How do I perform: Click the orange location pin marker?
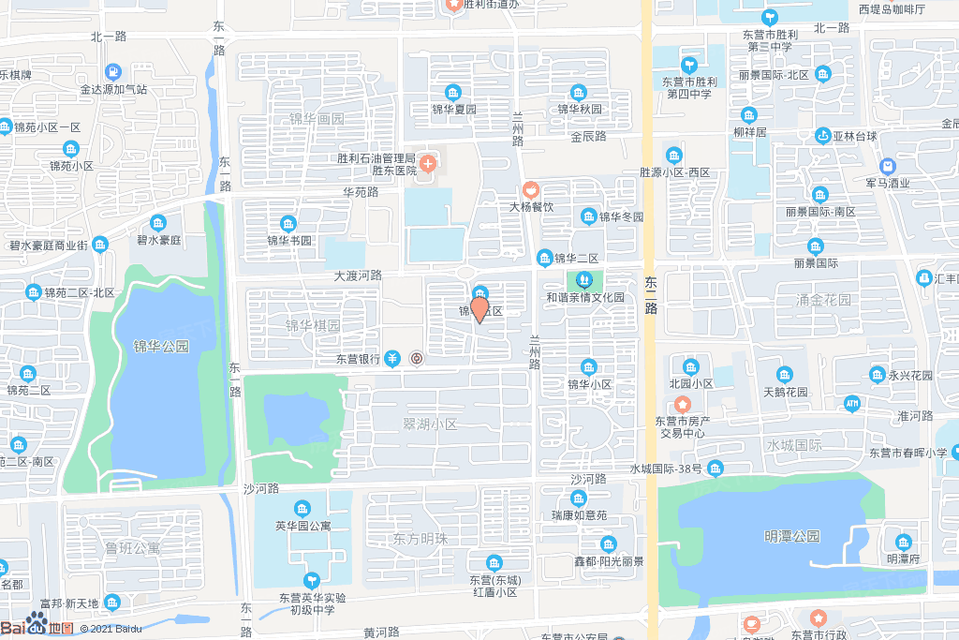tap(479, 308)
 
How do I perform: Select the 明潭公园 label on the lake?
tap(791, 536)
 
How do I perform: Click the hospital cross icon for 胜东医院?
tap(427, 165)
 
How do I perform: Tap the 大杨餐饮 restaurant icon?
tap(531, 190)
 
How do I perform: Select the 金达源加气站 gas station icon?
tap(113, 71)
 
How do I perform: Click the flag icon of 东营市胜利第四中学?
tap(689, 65)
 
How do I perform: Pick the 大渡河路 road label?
tap(358, 275)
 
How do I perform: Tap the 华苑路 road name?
tap(360, 192)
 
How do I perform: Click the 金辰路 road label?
tap(588, 136)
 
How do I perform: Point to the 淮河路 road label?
tap(915, 415)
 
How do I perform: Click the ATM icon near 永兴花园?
tap(852, 404)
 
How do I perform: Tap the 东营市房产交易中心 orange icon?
tap(683, 404)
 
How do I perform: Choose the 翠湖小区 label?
tap(429, 424)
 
